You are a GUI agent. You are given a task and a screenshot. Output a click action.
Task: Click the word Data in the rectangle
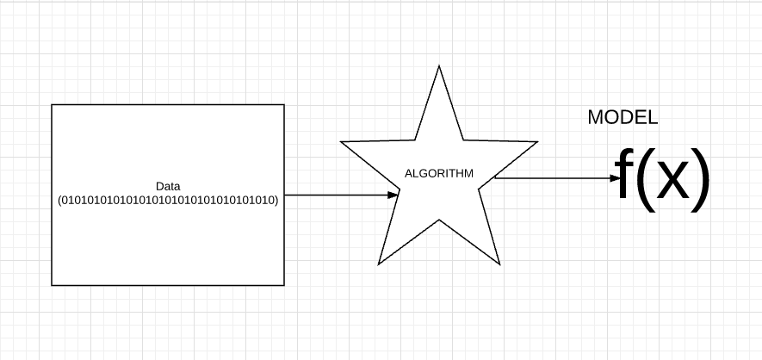pos(168,186)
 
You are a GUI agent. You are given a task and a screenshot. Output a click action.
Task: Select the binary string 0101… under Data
pos(168,200)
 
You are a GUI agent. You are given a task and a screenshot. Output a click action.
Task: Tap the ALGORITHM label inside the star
pos(439,173)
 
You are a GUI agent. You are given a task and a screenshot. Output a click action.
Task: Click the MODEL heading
pos(623,117)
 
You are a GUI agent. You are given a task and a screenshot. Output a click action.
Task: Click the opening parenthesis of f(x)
pos(644,180)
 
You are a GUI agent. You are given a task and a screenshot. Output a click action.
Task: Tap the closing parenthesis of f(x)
pos(701,180)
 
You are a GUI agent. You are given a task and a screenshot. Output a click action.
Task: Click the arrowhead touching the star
pos(393,196)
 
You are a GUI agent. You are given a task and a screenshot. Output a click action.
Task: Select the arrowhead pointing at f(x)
pos(616,178)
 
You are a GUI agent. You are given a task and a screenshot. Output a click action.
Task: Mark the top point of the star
pos(439,65)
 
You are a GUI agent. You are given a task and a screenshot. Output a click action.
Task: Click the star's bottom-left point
pos(379,264)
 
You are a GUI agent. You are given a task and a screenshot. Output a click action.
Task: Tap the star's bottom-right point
pos(500,264)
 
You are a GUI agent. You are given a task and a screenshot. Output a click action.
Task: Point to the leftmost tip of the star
pos(341,142)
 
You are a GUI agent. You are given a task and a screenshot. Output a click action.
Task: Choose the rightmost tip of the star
pos(537,142)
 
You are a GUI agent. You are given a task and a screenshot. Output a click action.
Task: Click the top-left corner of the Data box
pos(52,104)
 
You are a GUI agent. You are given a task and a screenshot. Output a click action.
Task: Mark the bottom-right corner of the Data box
pos(284,285)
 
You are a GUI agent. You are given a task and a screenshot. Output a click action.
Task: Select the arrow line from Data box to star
pos(341,196)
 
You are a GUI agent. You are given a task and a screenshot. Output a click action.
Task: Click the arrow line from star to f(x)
pos(558,178)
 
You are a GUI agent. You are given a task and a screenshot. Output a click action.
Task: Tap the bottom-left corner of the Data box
pos(52,285)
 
